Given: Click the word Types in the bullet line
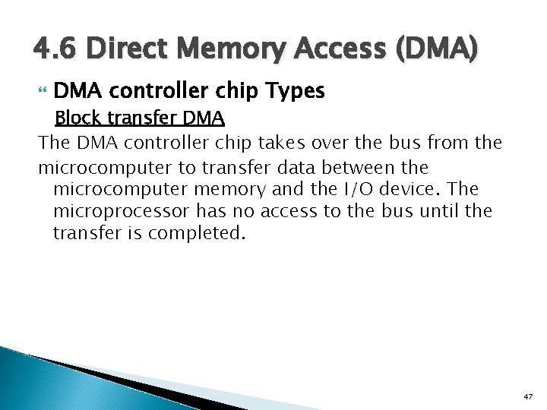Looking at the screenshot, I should tap(296, 92).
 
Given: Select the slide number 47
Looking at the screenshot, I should tap(529, 397).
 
